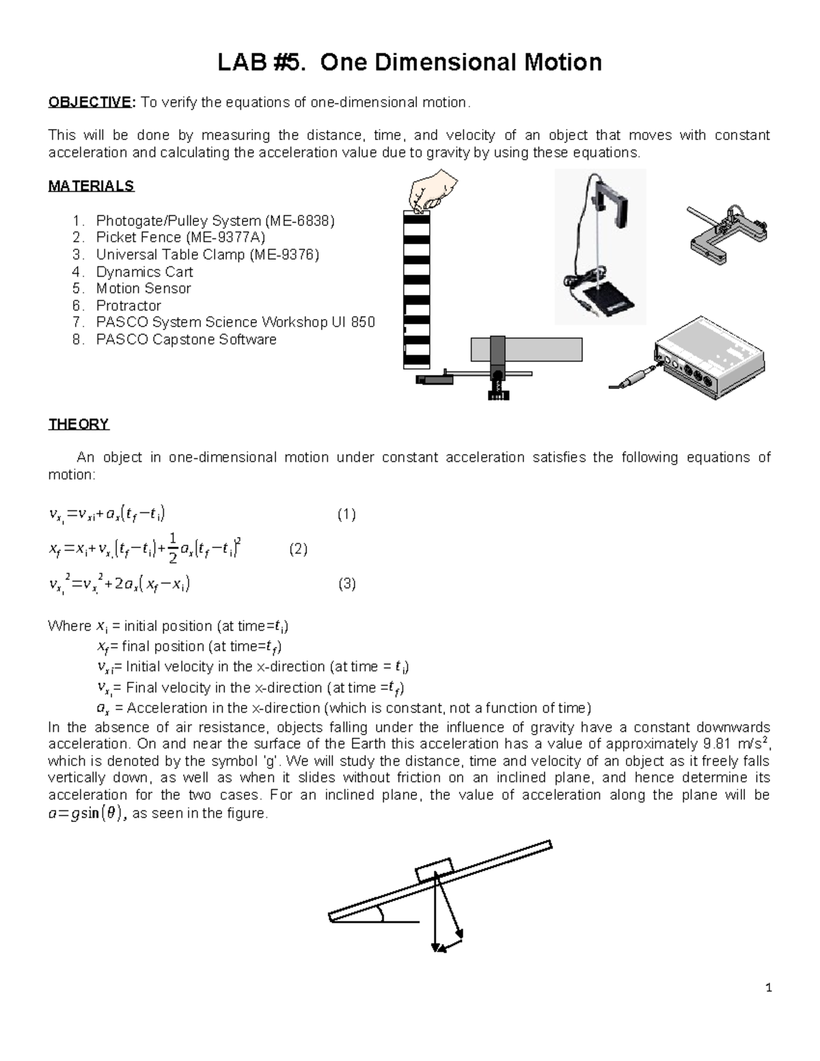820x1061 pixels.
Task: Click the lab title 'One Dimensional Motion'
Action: click(409, 62)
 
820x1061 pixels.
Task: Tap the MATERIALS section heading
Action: click(91, 186)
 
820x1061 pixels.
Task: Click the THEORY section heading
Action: click(79, 424)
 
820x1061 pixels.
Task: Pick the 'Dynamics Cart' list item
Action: click(144, 271)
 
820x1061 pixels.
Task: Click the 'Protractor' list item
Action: click(128, 305)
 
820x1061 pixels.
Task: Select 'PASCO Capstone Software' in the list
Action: click(186, 340)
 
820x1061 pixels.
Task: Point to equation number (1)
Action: click(346, 514)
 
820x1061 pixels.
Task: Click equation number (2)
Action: click(298, 549)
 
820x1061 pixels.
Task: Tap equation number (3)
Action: click(347, 584)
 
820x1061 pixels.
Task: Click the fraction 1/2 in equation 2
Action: click(173, 549)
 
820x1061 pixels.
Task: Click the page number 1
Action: click(768, 987)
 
